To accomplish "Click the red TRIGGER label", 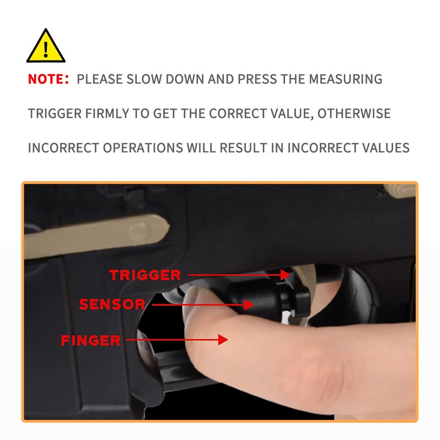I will [x=145, y=275].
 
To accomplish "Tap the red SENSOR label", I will [x=112, y=304].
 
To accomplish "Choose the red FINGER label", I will [x=91, y=340].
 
